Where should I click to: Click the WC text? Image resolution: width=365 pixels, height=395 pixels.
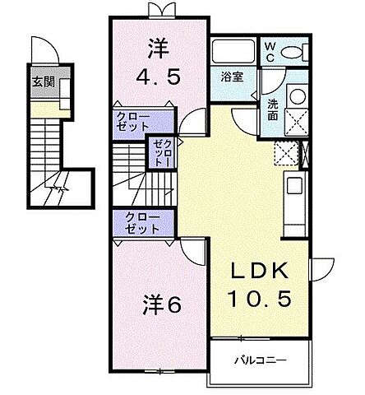click(269, 51)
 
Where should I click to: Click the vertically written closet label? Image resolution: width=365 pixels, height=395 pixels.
click(158, 155)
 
